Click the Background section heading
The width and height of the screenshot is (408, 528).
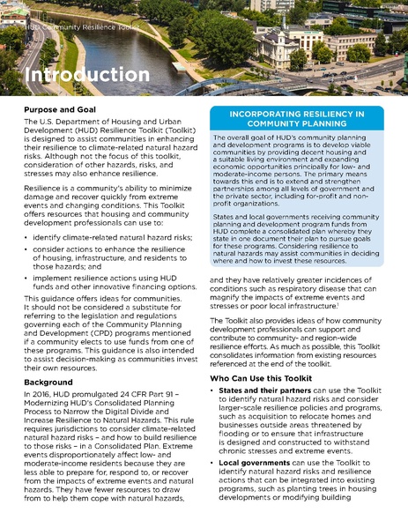coord(48,383)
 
